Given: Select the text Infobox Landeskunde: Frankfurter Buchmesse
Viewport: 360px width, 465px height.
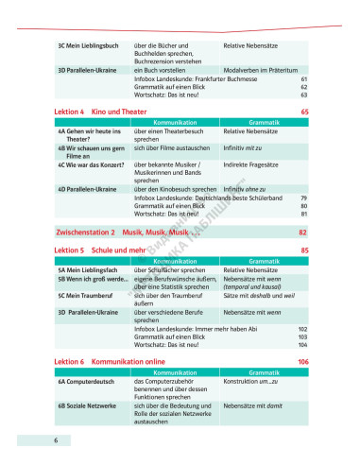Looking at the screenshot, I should (190, 79).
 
